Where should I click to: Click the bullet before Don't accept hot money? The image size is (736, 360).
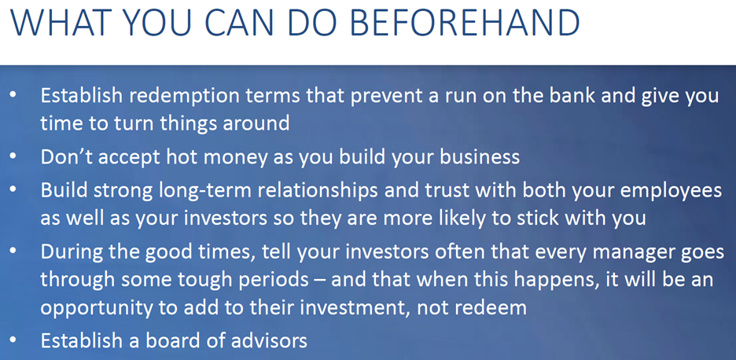[13, 156]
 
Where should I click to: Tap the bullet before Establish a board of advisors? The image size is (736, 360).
[13, 340]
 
